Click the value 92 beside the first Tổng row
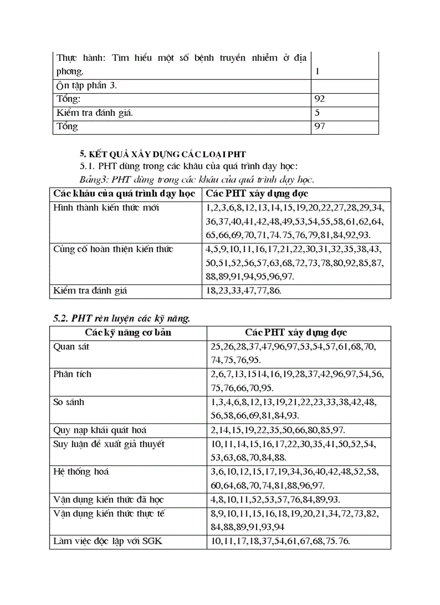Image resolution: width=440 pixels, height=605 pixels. tap(320, 99)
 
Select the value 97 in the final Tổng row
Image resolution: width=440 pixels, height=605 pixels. tap(320, 127)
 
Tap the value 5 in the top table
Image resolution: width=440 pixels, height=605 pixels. tap(317, 113)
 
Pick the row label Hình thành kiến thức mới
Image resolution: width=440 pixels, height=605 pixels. tap(106, 207)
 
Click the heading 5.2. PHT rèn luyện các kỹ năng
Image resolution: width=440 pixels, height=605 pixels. tap(122, 318)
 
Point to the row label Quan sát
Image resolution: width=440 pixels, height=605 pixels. tap(71, 346)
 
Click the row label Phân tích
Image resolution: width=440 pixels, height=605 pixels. tap(72, 374)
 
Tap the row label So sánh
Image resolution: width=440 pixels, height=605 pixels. tap(69, 402)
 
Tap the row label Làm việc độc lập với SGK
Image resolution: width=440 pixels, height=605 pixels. tap(107, 541)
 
